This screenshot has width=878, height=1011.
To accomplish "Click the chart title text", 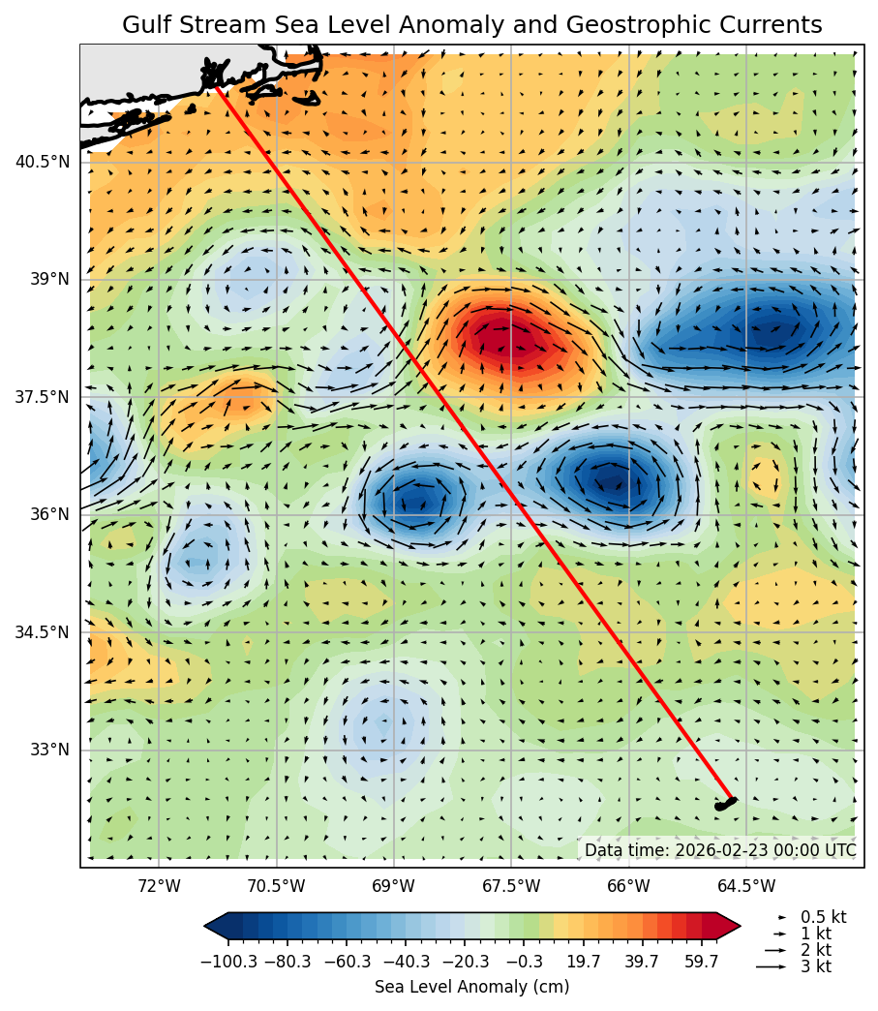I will tap(471, 25).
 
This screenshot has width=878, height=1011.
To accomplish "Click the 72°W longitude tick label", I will tap(159, 885).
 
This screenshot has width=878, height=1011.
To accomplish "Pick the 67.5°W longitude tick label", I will tap(511, 885).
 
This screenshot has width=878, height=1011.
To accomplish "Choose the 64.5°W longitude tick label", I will tap(746, 885).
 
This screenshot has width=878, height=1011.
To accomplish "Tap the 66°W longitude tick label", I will tap(629, 885).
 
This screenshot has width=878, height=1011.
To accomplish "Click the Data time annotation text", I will tap(719, 850).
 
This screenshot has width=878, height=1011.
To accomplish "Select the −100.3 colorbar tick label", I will tap(228, 961).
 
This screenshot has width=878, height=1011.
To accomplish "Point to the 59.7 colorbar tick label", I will tap(701, 961).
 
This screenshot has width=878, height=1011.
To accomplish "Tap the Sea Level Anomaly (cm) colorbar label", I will tap(471, 987).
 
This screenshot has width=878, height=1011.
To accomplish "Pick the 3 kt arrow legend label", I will tap(815, 966).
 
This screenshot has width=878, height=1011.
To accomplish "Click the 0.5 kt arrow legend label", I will tap(823, 917).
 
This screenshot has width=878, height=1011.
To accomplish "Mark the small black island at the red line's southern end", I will tap(725, 804).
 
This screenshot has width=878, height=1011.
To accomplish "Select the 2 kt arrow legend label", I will tap(815, 950).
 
